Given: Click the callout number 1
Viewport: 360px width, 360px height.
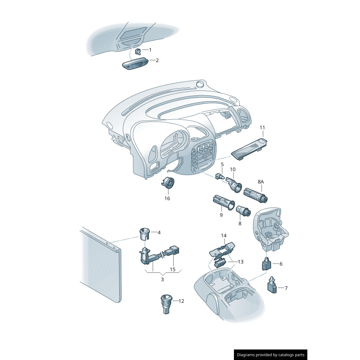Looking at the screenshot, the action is [150, 50].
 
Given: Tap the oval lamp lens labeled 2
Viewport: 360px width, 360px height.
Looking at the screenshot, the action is [135, 63].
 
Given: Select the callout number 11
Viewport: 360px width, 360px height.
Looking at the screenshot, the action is [262, 127].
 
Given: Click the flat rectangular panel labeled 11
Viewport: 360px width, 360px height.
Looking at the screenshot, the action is [249, 148].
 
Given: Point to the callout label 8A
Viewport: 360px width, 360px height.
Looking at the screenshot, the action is [261, 182].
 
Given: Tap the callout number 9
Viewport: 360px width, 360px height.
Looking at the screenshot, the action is [221, 215].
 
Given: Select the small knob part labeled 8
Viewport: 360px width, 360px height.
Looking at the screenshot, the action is [243, 211].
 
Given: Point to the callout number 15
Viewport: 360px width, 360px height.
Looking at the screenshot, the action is [172, 269].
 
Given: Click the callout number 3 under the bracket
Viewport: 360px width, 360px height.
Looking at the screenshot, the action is [162, 279].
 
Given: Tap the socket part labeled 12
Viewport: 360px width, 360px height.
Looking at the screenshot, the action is [166, 304].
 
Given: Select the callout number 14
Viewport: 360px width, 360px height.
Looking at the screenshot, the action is [224, 235].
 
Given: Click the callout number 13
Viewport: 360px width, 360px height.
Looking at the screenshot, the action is [241, 262].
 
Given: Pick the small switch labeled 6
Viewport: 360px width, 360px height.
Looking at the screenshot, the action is [266, 264].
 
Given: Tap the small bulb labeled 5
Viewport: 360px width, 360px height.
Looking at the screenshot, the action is [219, 176].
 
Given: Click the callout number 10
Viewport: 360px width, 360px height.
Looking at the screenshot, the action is [233, 169].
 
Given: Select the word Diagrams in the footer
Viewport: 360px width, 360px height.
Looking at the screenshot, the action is [245, 355].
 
